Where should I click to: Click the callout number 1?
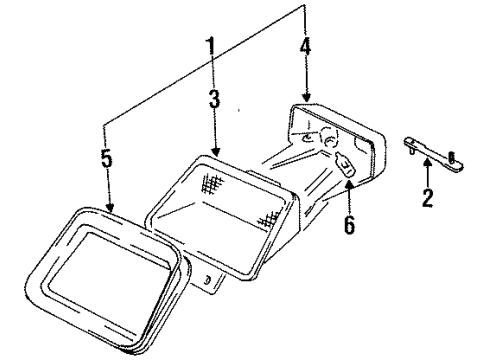point(211,47)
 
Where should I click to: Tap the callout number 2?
point(427,197)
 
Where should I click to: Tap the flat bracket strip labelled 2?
point(430,151)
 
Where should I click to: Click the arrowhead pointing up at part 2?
point(427,164)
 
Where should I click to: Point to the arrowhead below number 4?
point(305,96)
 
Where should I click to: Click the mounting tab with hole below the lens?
point(211,282)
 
